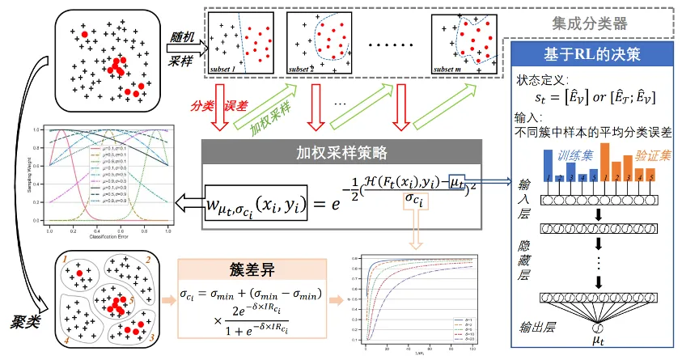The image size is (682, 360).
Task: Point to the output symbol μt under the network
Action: (x=598, y=342)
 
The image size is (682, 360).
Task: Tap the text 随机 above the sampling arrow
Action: (x=184, y=34)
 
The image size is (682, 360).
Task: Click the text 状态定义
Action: (x=541, y=81)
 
